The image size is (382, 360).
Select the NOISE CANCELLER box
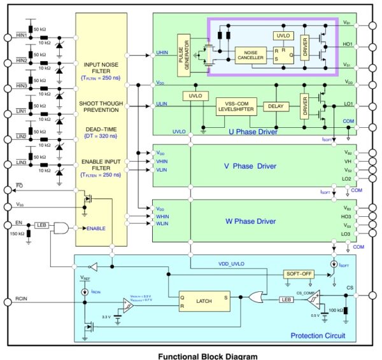click(x=251, y=55)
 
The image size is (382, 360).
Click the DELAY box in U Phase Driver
click(x=274, y=106)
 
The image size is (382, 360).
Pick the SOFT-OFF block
click(x=299, y=273)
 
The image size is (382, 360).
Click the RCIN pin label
click(x=22, y=297)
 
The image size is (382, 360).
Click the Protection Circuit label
click(x=317, y=336)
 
